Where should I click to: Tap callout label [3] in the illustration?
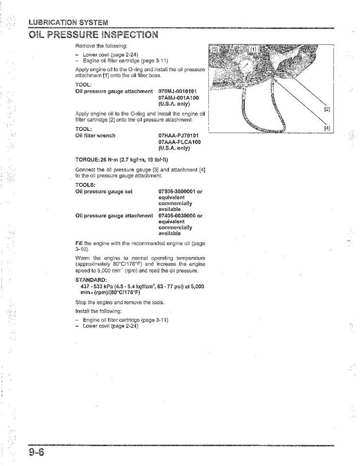tap(214, 50)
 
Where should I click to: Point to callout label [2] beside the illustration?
tap(327, 109)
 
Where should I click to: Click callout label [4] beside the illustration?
tap(327, 129)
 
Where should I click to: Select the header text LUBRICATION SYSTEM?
tap(68, 22)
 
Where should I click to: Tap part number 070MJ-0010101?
tap(177, 92)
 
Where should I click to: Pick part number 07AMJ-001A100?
tap(177, 98)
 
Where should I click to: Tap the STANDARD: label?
tap(90, 281)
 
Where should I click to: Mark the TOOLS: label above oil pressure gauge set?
tap(85, 185)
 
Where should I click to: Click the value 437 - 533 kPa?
tap(99, 286)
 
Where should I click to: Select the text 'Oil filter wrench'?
tap(95, 136)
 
